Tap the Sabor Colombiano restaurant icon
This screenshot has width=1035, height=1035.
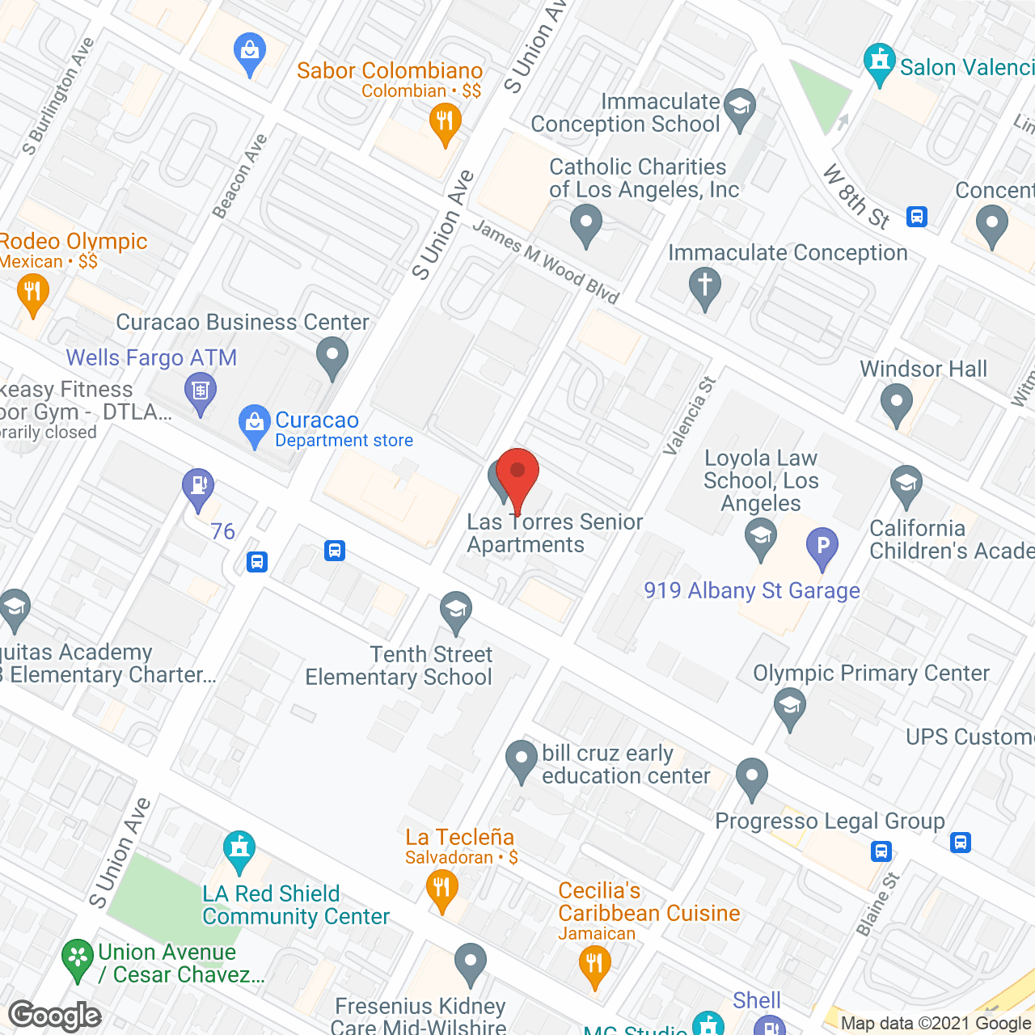tap(445, 124)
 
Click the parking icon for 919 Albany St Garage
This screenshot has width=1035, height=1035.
tap(822, 547)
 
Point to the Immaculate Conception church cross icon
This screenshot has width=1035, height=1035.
tap(705, 285)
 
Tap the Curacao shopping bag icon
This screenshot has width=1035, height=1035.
tap(255, 423)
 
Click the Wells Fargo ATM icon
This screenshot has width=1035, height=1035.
tap(200, 392)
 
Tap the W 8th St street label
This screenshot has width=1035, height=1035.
tap(856, 196)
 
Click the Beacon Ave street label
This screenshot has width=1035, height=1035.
tap(239, 176)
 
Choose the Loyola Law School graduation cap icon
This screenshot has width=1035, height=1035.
tap(760, 536)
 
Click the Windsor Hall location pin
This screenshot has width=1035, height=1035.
tap(896, 402)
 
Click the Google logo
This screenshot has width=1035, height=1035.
tap(55, 1016)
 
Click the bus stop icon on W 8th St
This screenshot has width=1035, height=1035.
tap(916, 217)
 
